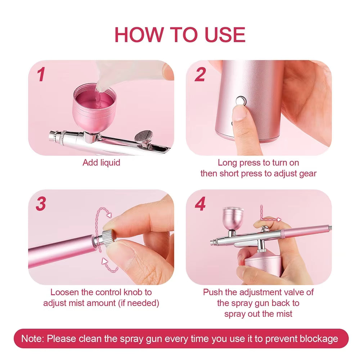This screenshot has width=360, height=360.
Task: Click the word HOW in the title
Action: tap(139, 35)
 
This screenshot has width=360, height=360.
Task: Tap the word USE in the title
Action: tap(225, 35)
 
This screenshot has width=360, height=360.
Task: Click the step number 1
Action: tap(41, 75)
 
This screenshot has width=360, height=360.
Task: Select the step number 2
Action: tap(200, 75)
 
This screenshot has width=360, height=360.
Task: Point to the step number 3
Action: tap(41, 204)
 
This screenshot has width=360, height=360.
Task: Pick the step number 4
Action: tap(200, 204)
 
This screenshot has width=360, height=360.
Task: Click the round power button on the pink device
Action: tap(241, 101)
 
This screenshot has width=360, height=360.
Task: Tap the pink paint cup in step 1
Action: tap(94, 108)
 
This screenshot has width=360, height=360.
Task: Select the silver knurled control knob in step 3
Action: tap(108, 238)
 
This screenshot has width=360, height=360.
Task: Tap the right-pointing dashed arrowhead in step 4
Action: tap(279, 220)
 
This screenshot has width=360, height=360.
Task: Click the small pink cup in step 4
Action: tap(233, 218)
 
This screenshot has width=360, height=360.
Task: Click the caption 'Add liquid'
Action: tap(101, 163)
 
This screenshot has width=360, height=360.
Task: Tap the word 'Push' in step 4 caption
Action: tap(213, 292)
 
